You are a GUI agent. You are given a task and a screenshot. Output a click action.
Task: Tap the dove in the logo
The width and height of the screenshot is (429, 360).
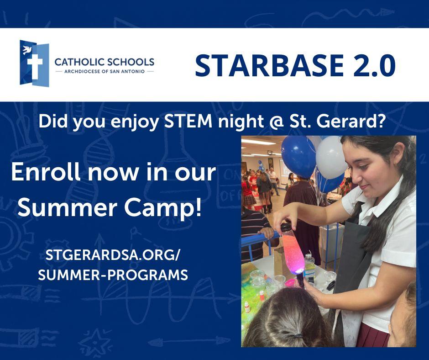click(x=27, y=50)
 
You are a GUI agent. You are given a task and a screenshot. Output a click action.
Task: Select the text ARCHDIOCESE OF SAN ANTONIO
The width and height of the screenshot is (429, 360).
click(x=104, y=72)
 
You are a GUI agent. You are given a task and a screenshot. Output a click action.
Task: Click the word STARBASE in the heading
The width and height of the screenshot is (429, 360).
click(x=269, y=66)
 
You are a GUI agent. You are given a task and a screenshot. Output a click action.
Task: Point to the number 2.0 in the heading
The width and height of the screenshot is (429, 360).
click(x=375, y=66)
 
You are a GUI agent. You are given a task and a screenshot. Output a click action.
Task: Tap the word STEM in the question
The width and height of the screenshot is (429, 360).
click(x=188, y=121)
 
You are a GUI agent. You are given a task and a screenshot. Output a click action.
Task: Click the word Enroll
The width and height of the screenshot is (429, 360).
click(x=46, y=172)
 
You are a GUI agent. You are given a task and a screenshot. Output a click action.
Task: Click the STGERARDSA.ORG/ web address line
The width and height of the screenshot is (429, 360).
click(x=112, y=255)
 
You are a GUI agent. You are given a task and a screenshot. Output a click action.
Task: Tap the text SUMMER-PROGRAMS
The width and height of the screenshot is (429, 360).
click(x=113, y=275)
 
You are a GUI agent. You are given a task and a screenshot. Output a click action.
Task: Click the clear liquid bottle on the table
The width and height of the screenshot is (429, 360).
click(x=309, y=267)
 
